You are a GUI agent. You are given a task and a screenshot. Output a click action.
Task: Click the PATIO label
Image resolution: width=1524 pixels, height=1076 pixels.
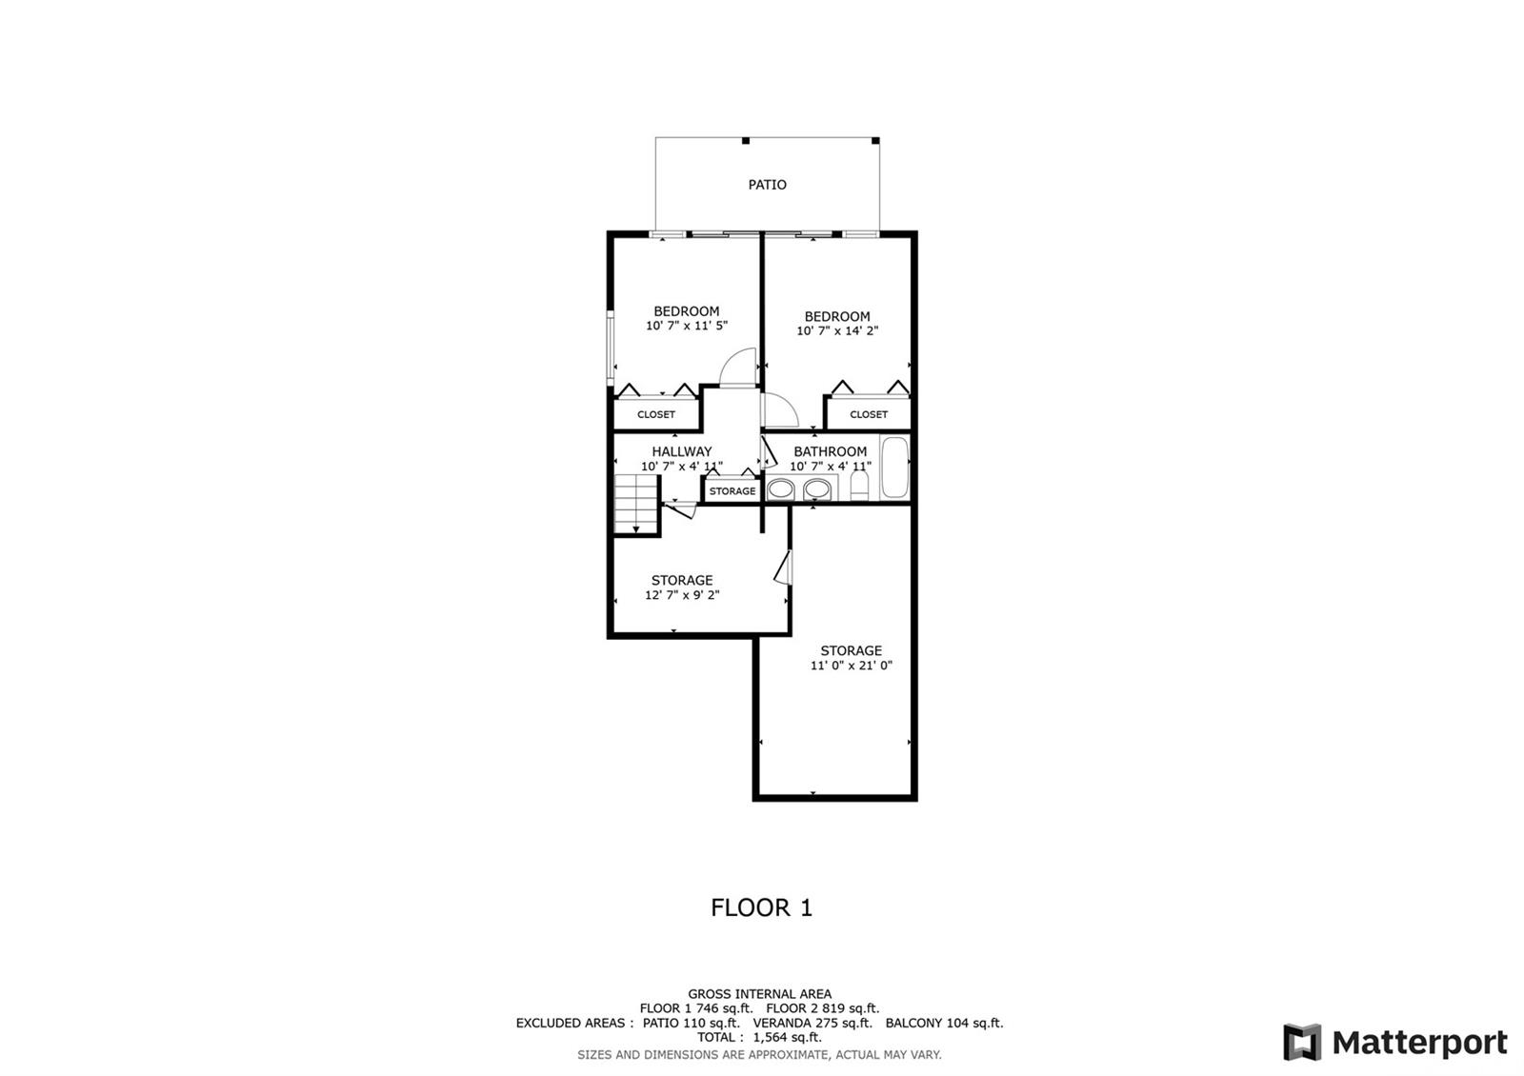click(767, 185)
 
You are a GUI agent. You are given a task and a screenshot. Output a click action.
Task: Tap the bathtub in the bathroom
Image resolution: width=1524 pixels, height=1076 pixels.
click(894, 468)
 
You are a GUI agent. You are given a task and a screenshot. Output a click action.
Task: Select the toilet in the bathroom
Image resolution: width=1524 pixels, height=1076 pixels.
click(859, 486)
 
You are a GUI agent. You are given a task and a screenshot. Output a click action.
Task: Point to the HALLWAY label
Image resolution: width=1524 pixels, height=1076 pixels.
click(682, 451)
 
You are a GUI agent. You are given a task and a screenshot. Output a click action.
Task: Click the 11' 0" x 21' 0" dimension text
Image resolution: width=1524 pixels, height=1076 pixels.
click(851, 666)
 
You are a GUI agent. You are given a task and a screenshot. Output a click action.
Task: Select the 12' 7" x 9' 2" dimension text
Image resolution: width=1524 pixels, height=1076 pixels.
click(682, 595)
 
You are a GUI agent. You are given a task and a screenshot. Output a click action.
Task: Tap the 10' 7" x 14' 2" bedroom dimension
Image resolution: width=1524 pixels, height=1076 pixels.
click(837, 331)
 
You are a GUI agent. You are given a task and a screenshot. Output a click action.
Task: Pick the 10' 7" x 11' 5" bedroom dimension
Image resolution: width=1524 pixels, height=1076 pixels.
click(687, 326)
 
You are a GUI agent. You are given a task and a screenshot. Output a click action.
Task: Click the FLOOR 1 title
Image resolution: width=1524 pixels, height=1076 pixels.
click(761, 907)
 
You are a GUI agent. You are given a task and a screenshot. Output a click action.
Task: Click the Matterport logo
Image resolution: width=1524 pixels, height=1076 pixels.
click(1394, 1042)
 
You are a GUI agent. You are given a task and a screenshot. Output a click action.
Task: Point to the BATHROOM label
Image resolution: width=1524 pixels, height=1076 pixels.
click(830, 451)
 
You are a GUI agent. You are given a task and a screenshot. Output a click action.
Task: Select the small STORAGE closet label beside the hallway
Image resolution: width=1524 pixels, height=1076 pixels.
click(732, 491)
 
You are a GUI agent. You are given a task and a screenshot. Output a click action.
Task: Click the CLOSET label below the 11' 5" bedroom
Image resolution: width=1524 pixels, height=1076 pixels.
click(656, 414)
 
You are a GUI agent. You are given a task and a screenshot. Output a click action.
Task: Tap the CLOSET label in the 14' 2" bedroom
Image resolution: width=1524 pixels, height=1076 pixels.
click(869, 414)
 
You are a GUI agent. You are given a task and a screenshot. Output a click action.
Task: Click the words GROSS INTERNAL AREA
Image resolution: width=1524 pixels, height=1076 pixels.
click(759, 994)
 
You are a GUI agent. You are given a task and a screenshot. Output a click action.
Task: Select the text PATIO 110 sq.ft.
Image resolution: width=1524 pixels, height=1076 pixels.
click(692, 1023)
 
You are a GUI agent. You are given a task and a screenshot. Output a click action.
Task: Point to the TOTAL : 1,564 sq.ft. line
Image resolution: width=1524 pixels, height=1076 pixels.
click(759, 1037)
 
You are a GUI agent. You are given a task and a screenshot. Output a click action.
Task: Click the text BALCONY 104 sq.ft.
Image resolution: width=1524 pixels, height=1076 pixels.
click(944, 1023)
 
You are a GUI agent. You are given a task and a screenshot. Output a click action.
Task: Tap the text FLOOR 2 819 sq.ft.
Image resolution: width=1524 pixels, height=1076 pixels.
click(823, 1008)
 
